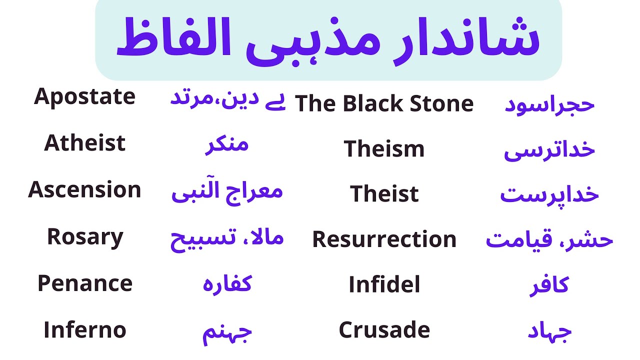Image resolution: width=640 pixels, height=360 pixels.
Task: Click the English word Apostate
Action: tap(84, 96)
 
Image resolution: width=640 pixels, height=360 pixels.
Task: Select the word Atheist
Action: tap(84, 143)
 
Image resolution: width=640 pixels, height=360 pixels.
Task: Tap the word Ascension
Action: tap(84, 190)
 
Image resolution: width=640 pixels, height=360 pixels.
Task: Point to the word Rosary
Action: tap(84, 237)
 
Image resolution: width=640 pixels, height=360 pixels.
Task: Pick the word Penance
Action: tap(84, 284)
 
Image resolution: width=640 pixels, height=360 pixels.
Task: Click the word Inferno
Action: tap(84, 330)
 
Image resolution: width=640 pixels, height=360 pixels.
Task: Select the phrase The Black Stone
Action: tap(384, 104)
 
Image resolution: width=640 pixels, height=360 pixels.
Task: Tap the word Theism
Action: tap(384, 149)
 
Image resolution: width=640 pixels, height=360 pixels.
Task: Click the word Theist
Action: tap(384, 194)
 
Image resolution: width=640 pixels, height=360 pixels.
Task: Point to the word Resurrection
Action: tap(384, 239)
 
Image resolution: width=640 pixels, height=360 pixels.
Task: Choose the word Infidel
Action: tap(384, 285)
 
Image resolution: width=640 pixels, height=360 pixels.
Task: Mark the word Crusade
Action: tap(384, 330)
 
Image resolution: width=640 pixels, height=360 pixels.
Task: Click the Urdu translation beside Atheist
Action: tap(226, 145)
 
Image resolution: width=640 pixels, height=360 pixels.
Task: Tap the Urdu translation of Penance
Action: tap(226, 284)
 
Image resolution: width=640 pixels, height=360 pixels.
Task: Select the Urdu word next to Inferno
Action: tap(226, 333)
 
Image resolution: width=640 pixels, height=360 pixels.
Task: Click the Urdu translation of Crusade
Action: tap(549, 332)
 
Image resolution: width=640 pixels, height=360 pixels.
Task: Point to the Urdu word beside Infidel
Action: tap(549, 286)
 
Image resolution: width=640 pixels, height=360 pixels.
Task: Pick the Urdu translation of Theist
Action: tap(549, 195)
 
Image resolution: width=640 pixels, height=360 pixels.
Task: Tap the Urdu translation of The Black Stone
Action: tap(549, 104)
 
